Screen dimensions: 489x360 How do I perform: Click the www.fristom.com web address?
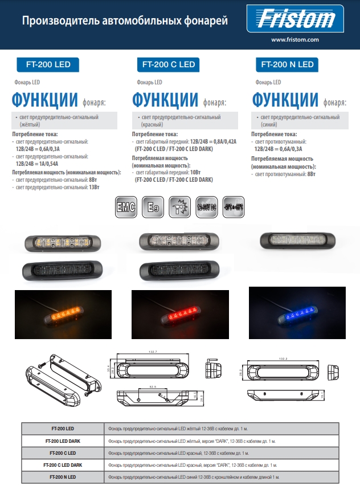[x=294, y=40]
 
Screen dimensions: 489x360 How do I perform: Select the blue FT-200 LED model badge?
[x=48, y=64]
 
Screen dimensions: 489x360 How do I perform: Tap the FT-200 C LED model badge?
[x=168, y=64]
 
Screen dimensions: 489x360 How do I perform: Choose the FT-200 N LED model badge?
[x=287, y=64]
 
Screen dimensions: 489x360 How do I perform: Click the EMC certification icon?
[x=125, y=207]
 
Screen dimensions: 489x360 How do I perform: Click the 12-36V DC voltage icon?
[x=206, y=207]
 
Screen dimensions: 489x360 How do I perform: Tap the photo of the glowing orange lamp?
[x=63, y=311]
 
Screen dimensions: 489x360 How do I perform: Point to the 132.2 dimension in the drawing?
[x=283, y=358]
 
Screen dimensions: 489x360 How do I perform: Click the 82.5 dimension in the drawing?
[x=153, y=386]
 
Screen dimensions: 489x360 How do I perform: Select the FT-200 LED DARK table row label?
[x=63, y=441]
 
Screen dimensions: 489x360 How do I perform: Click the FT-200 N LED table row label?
[x=63, y=476]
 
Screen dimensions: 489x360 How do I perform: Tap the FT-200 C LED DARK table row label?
[x=63, y=464]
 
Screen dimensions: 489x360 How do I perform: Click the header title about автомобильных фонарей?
[x=125, y=21]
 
